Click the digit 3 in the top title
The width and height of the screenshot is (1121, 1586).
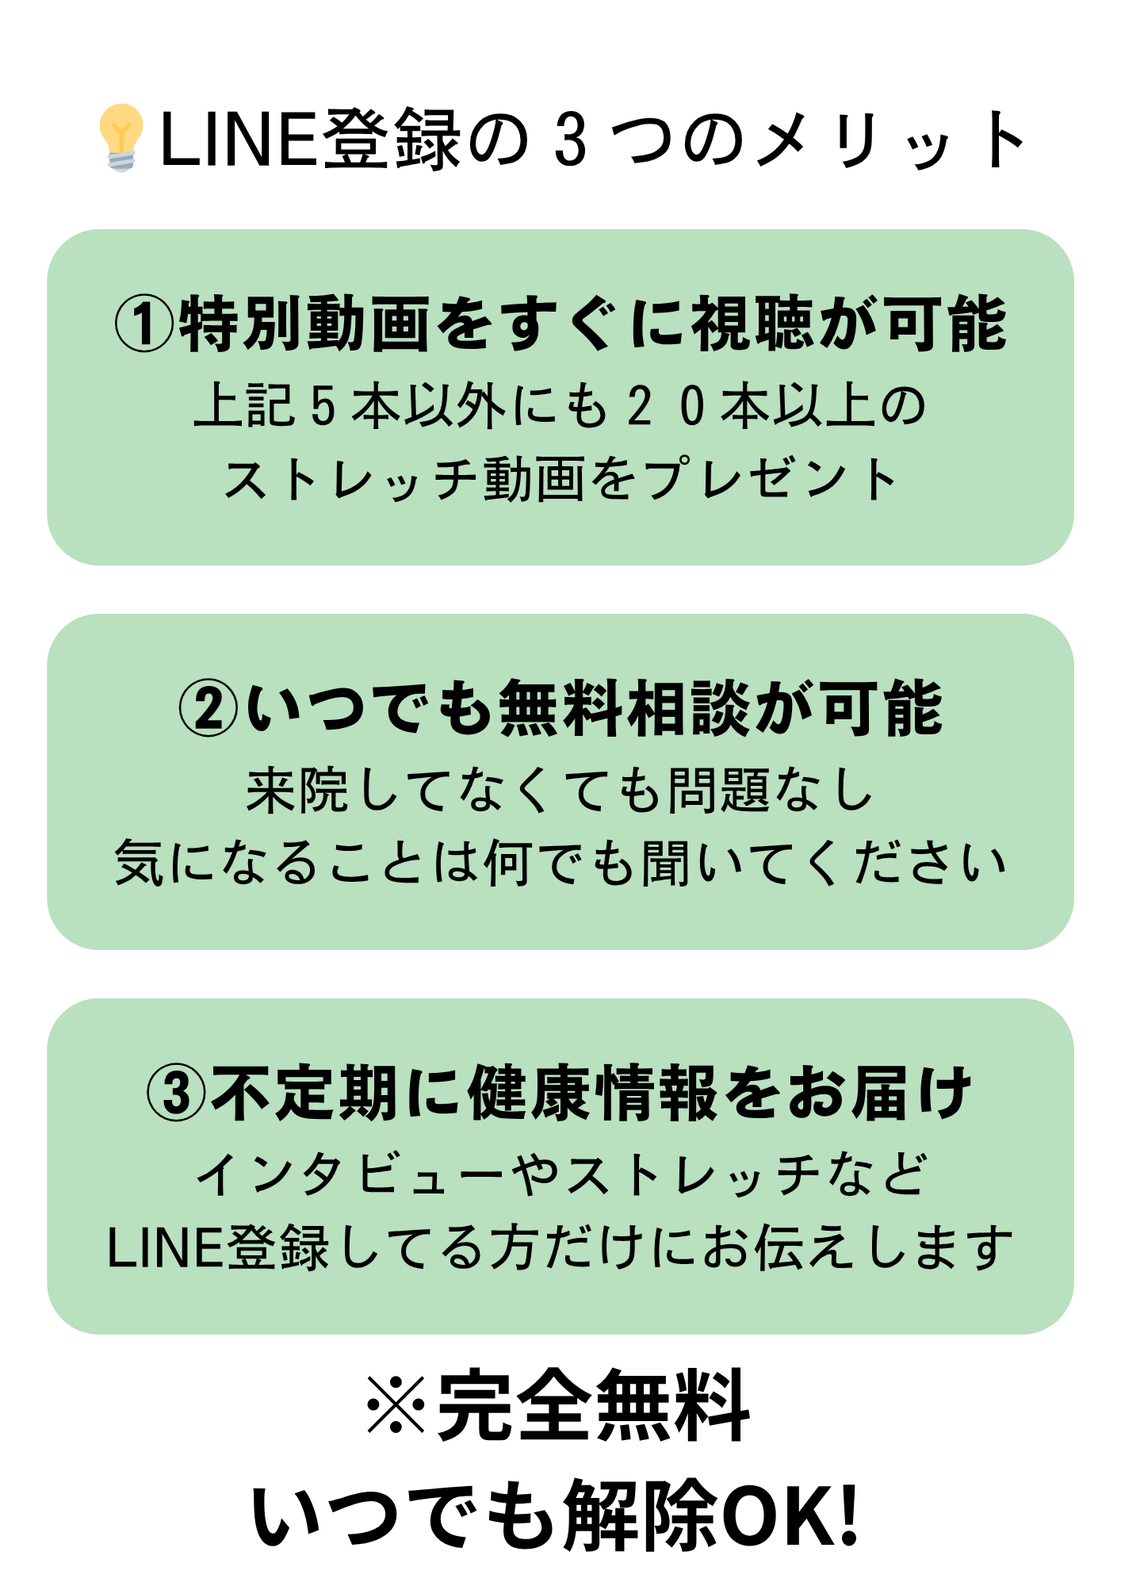pos(570,140)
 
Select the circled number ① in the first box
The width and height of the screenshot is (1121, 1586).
pos(144,324)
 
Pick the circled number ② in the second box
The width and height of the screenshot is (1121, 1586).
pos(209,708)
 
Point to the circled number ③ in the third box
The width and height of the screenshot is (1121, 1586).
pos(176,1093)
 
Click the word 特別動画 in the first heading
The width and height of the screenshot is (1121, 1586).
pos(305,324)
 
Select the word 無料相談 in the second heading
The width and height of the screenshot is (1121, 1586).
pos(625,708)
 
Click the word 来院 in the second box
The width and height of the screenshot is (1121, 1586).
pos(297,791)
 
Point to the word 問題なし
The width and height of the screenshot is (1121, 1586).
pos(770,791)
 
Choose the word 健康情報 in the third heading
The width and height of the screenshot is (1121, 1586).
pos(593,1093)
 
